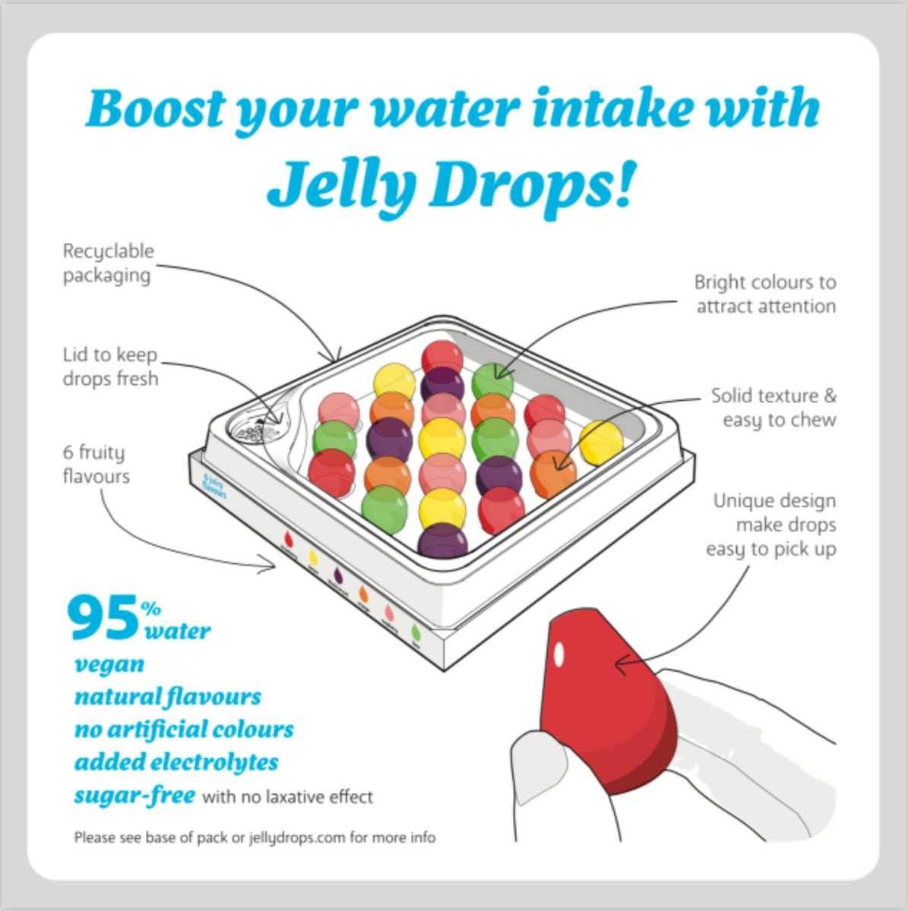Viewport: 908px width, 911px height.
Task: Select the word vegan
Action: click(109, 664)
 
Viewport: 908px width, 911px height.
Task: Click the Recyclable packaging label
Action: click(108, 263)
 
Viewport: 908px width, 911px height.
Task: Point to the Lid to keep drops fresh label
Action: click(110, 367)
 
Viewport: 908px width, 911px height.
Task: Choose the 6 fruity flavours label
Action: click(96, 465)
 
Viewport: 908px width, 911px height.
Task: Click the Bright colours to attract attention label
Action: click(765, 295)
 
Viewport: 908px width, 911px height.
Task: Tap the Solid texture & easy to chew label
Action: click(774, 408)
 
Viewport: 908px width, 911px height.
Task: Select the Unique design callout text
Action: click(772, 525)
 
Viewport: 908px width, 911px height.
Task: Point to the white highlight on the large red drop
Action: click(559, 653)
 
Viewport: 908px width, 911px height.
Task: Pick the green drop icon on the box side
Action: click(416, 631)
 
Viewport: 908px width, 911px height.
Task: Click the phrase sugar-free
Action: click(134, 795)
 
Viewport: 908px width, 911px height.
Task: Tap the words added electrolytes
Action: click(176, 761)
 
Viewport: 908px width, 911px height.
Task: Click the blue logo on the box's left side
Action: click(215, 486)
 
